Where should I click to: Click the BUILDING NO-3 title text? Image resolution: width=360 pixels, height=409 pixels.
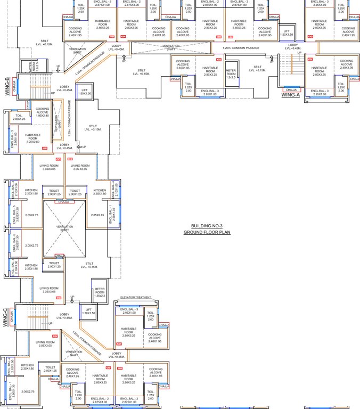[207, 226]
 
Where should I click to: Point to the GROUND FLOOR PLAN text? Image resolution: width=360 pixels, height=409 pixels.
[207, 233]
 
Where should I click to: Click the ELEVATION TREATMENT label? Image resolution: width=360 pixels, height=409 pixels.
[136, 297]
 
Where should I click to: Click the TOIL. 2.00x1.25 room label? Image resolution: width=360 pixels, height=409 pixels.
[19, 117]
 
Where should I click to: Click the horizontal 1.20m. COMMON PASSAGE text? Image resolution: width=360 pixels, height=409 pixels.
[241, 48]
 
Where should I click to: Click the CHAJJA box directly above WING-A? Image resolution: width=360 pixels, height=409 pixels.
[291, 90]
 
